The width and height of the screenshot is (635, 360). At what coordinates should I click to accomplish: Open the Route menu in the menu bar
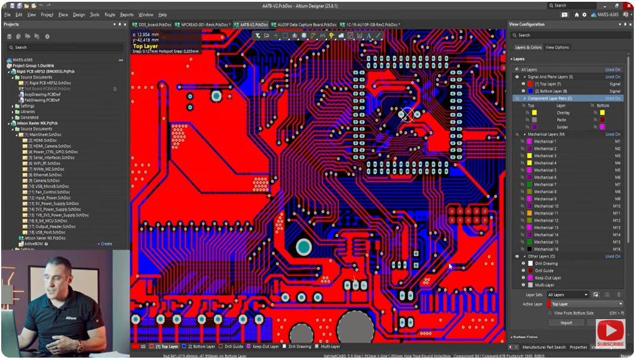pyautogui.click(x=110, y=14)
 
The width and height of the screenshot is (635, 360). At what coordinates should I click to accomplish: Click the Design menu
pyautogui.click(x=79, y=14)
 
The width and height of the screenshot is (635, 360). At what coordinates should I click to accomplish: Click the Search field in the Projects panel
pyautogui.click(x=65, y=47)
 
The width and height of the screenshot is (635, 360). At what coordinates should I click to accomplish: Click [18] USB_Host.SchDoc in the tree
pyautogui.click(x=47, y=232)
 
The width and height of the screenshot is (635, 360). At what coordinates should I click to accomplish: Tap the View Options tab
pyautogui.click(x=557, y=47)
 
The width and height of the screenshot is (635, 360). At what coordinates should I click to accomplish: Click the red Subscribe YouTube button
pyautogui.click(x=610, y=333)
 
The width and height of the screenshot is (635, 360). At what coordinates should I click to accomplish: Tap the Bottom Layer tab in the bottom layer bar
pyautogui.click(x=202, y=346)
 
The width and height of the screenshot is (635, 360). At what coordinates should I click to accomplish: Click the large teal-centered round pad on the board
pyautogui.click(x=303, y=246)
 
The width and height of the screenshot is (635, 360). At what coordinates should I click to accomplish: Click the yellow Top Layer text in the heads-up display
pyautogui.click(x=145, y=46)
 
